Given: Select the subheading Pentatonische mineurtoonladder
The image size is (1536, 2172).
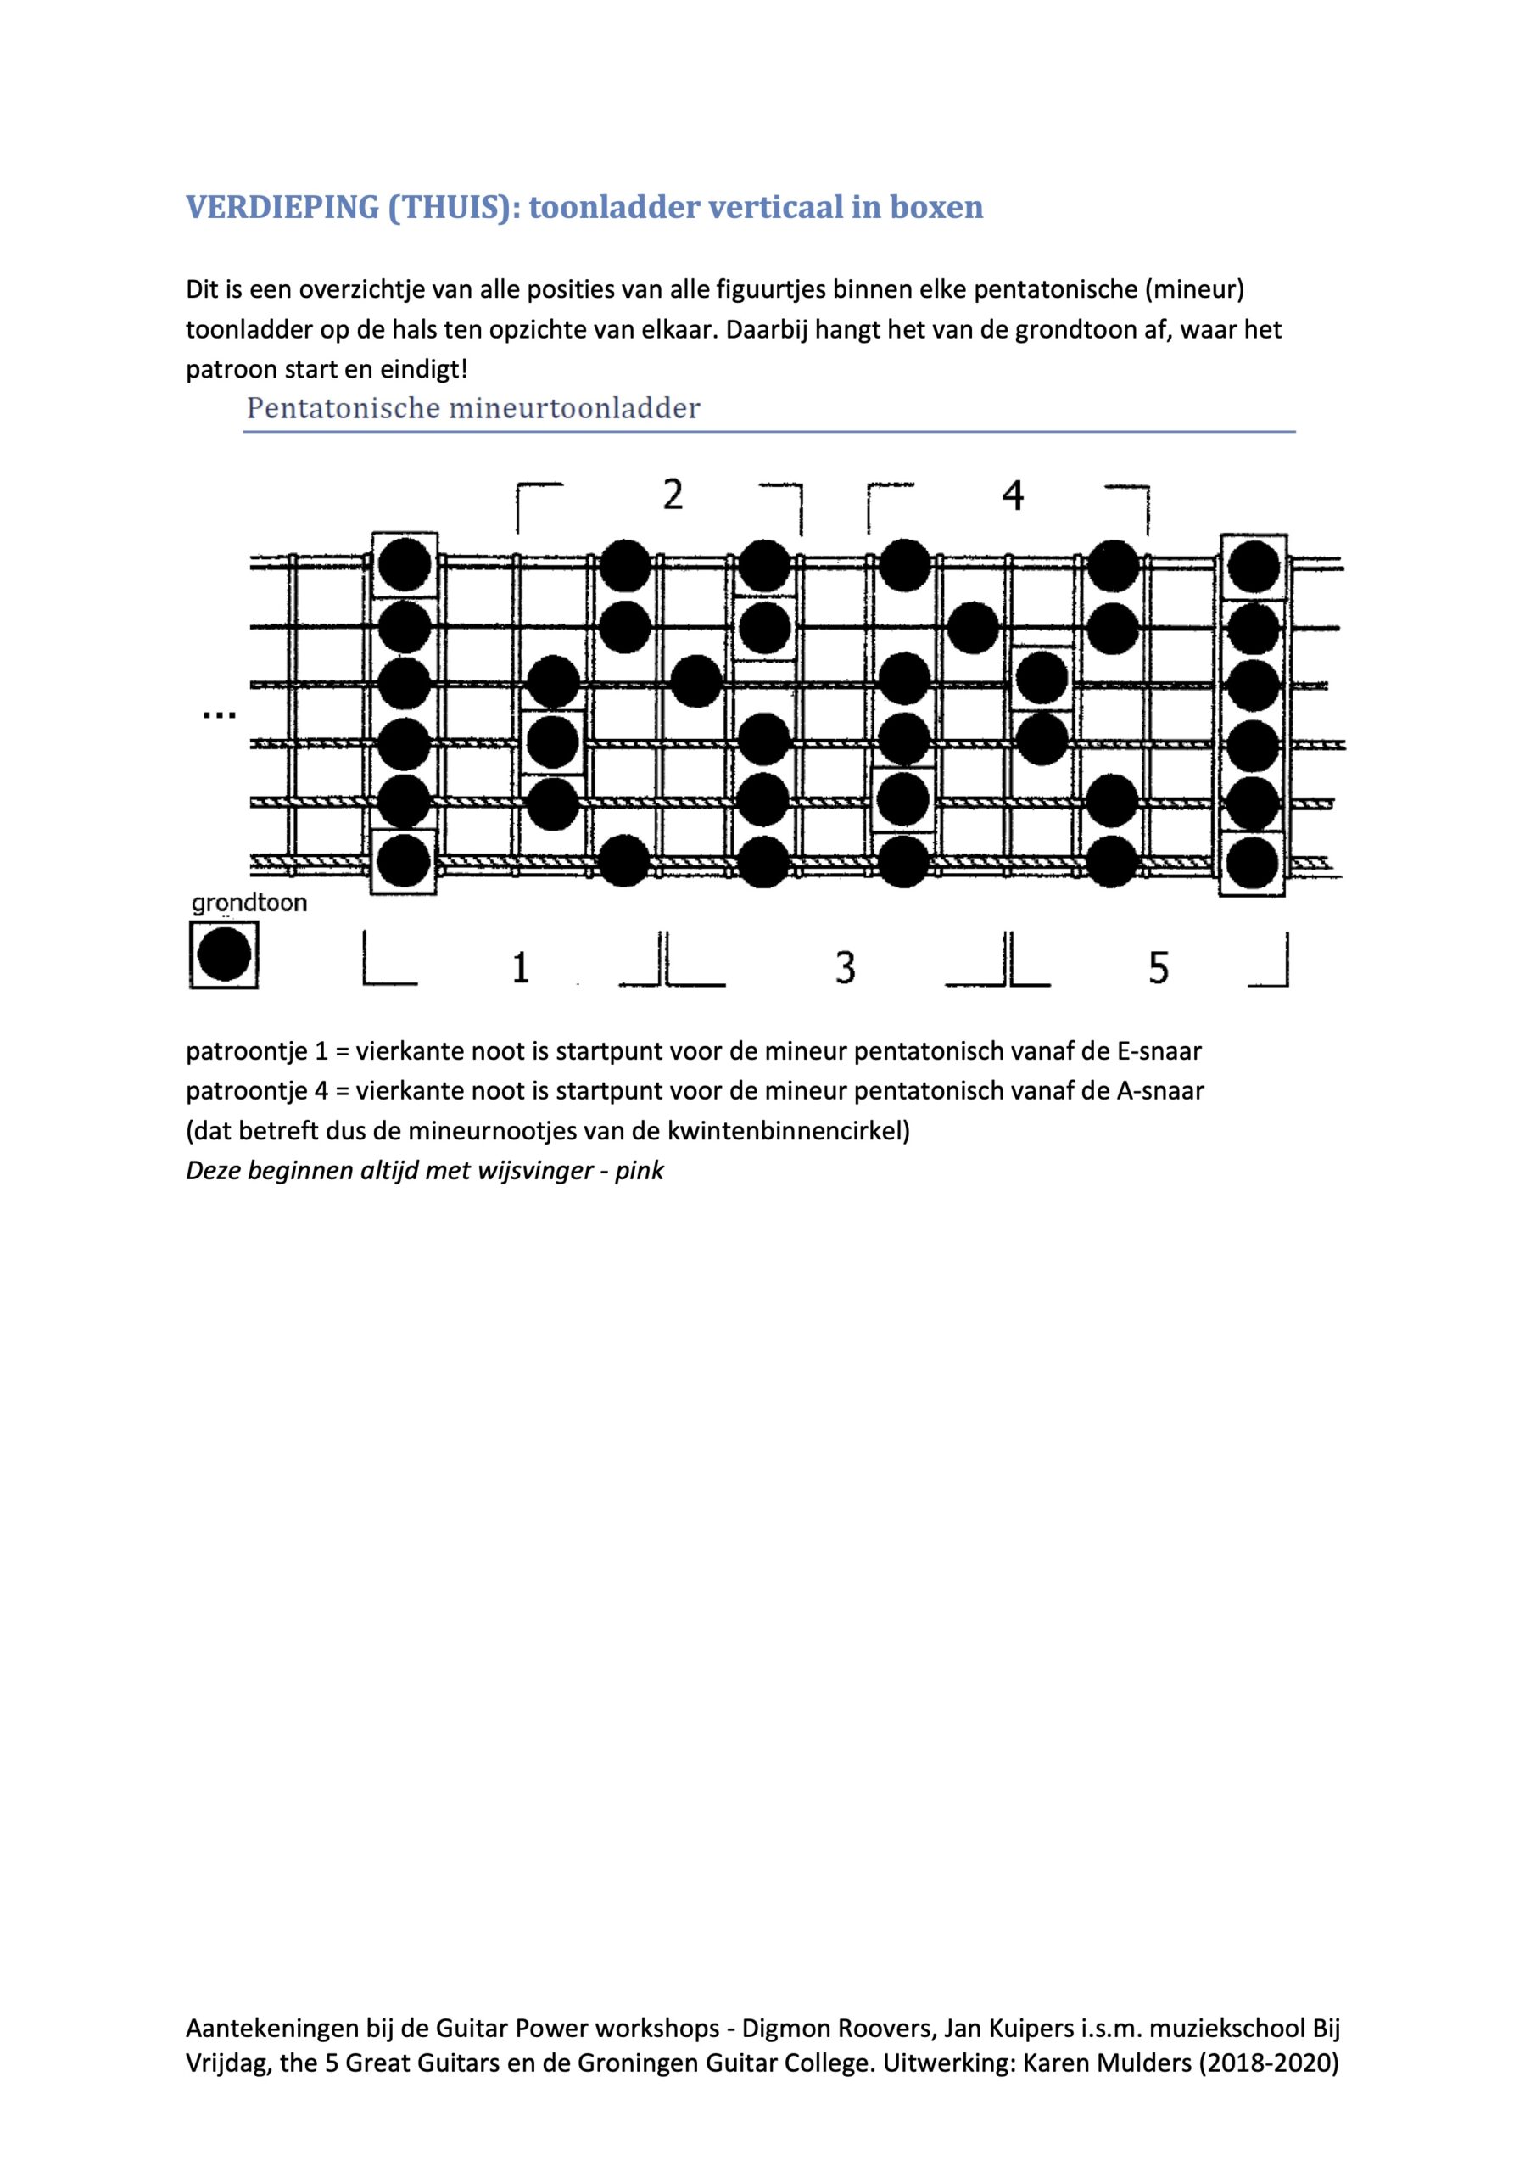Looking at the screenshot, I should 473,409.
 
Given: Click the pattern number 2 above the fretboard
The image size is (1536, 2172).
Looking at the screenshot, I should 673,495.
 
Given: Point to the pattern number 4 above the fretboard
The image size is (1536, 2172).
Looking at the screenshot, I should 1013,495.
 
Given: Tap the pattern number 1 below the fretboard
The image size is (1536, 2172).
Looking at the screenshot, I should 520,968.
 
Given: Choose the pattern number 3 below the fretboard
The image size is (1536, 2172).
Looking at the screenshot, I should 846,968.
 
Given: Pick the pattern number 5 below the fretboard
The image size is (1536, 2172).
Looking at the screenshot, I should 1159,968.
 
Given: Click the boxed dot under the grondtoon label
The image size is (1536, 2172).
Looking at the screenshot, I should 224,955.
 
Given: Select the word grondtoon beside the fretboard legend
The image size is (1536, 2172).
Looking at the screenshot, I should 249,904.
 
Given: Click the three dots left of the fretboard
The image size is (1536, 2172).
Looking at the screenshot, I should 220,716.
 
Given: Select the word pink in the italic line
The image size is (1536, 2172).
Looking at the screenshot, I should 640,1170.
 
